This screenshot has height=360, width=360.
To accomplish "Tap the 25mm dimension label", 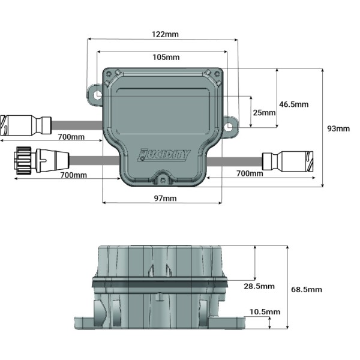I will point(263,112).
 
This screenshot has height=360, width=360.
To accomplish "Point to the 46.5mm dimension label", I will point(294,104).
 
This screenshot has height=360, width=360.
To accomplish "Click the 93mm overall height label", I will point(338,128).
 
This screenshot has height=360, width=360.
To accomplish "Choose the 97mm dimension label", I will point(163,197).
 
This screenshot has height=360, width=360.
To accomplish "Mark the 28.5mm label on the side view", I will point(259,286).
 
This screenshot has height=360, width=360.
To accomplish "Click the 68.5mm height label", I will point(306,289).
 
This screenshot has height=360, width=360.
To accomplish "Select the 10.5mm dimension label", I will point(264,312).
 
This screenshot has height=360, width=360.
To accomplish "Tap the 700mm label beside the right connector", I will point(249,174).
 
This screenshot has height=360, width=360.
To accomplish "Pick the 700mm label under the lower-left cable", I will point(74,175).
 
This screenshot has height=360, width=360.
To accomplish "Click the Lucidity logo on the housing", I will point(163,155).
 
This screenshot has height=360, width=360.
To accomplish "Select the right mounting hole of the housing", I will point(229,127).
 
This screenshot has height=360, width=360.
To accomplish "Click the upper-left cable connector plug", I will point(24,125).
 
